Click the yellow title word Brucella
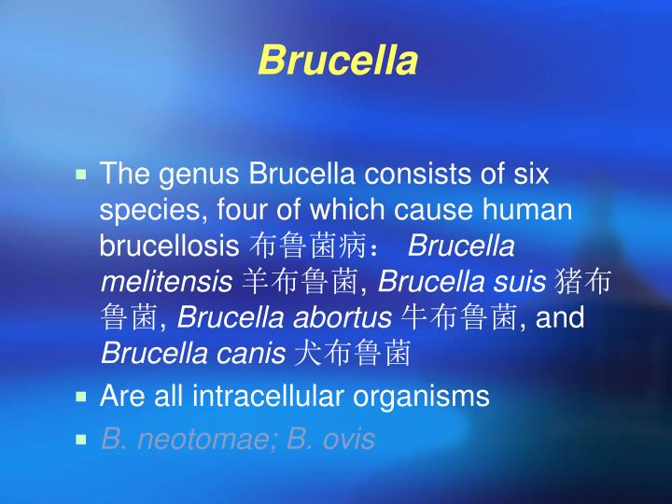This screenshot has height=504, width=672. click(x=336, y=61)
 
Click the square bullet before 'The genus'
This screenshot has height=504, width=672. click(x=81, y=174)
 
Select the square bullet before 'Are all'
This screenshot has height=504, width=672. click(x=81, y=396)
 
